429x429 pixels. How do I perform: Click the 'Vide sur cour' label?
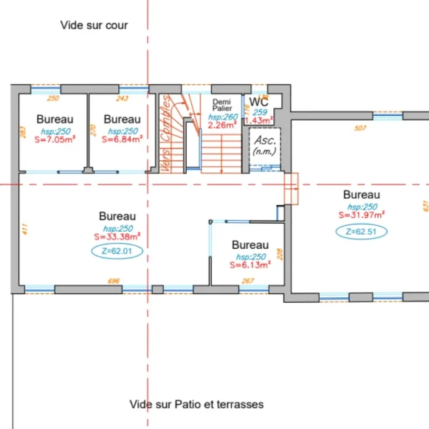pyautogui.click(x=94, y=25)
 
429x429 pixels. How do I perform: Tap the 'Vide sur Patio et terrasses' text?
pyautogui.click(x=196, y=404)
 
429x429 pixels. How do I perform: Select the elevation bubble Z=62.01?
pyautogui.click(x=117, y=251)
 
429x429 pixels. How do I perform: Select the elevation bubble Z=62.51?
pyautogui.click(x=361, y=231)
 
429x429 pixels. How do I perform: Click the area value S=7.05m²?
pyautogui.click(x=55, y=139)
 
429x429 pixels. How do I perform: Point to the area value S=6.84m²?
pyautogui.click(x=122, y=139)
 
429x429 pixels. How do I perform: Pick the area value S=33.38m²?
pyautogui.click(x=117, y=237)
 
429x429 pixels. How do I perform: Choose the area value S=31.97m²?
pyautogui.click(x=362, y=216)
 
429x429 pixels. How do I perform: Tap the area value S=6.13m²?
pyautogui.click(x=250, y=265)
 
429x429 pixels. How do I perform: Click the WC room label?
pyautogui.click(x=258, y=101)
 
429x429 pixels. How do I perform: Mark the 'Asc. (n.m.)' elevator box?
pyautogui.click(x=263, y=144)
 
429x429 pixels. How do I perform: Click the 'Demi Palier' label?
pyautogui.click(x=222, y=104)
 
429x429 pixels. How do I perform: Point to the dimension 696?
pyautogui.click(x=114, y=282)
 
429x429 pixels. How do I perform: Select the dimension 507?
pyautogui.click(x=360, y=128)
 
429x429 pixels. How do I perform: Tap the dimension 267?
pyautogui.click(x=248, y=281)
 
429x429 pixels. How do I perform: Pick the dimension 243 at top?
pyautogui.click(x=123, y=97)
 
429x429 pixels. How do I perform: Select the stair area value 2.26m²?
pyautogui.click(x=222, y=125)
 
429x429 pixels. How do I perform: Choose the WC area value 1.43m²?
pyautogui.click(x=258, y=120)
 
